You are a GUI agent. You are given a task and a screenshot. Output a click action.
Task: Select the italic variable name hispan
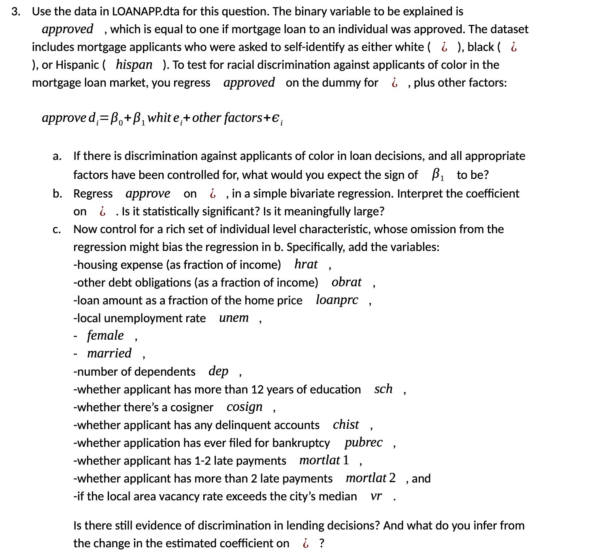click(134, 65)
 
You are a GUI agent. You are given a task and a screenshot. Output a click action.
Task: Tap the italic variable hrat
click(306, 264)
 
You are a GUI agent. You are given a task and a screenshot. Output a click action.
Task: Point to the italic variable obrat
click(346, 282)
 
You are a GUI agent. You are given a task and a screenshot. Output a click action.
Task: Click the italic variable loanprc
click(337, 300)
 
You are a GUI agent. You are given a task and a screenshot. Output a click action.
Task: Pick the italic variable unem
click(234, 318)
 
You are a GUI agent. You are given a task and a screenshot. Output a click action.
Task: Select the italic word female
click(105, 336)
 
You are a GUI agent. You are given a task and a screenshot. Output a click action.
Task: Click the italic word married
click(109, 353)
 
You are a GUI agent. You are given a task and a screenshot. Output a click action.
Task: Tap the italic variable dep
click(218, 371)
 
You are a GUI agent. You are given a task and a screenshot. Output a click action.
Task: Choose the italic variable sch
click(383, 389)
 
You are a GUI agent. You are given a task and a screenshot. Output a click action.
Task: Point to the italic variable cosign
click(245, 407)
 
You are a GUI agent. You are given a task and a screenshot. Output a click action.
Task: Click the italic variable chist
click(346, 425)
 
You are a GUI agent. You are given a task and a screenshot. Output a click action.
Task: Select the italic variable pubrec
click(363, 442)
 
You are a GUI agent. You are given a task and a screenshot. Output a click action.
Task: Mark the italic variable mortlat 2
click(371, 478)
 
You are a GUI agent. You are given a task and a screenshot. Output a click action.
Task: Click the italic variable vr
click(376, 496)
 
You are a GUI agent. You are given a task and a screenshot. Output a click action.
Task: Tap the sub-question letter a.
click(57, 156)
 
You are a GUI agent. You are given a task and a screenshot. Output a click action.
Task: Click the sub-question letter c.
click(57, 230)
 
